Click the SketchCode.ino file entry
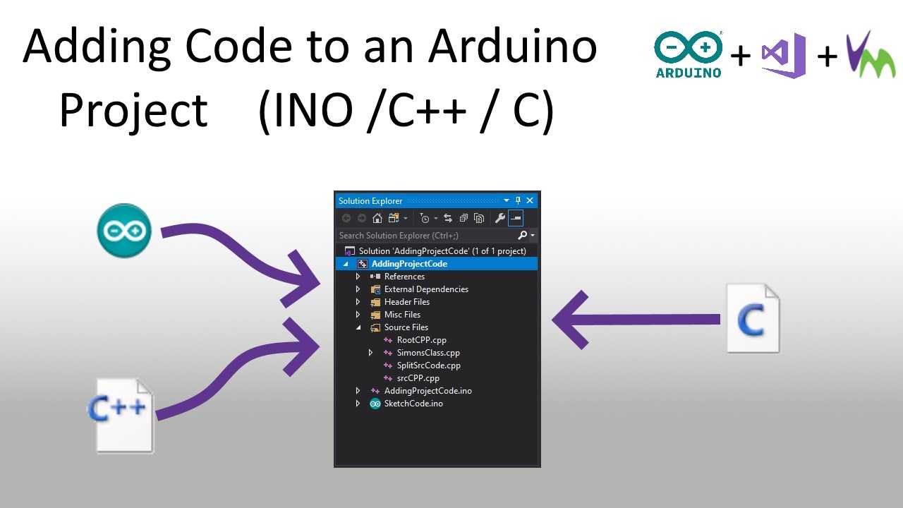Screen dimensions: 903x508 pos(413,404)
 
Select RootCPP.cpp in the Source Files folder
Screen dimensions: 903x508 pos(421,340)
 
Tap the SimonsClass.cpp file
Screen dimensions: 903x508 pos(428,353)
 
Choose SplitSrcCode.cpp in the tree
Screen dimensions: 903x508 pos(428,365)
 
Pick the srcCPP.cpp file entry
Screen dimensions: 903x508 pos(418,378)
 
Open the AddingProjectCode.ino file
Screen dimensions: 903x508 pos(428,391)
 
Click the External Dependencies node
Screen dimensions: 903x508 pos(426,289)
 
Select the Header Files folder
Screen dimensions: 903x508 pos(407,301)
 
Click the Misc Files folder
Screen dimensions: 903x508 pos(402,315)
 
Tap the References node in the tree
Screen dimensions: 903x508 pos(404,276)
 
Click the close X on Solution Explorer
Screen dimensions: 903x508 pos(530,200)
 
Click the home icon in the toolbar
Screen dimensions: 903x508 pos(377,218)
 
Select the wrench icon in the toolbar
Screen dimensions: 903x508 pos(500,218)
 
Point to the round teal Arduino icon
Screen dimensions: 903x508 pos(124,231)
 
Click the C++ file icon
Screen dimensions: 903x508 pos(120,416)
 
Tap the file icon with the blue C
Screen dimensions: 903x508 pos(753,318)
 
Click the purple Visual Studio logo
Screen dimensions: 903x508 pos(784,55)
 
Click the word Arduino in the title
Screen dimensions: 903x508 pos(512,47)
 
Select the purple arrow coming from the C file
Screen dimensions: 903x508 pos(636,320)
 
